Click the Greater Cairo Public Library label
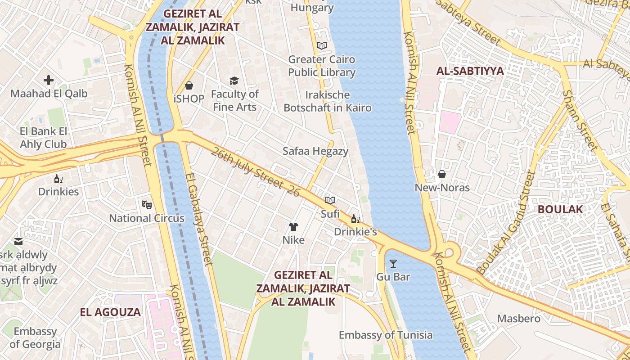(x=322, y=66)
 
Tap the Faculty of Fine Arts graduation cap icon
(x=234, y=81)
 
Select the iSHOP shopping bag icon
(x=189, y=85)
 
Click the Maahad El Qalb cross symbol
(x=49, y=81)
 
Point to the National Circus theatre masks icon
(x=147, y=205)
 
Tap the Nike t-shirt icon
(x=293, y=226)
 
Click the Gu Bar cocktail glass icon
(x=393, y=263)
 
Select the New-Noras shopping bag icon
(x=442, y=174)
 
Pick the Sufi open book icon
(x=330, y=200)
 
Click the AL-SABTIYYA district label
(x=470, y=71)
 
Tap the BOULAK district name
(x=560, y=209)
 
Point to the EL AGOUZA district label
(x=110, y=312)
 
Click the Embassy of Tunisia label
(x=386, y=335)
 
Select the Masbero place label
(x=519, y=319)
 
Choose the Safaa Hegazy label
(x=315, y=151)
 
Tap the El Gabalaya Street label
(x=198, y=219)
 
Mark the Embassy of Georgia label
(x=35, y=338)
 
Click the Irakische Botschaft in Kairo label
(x=328, y=101)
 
